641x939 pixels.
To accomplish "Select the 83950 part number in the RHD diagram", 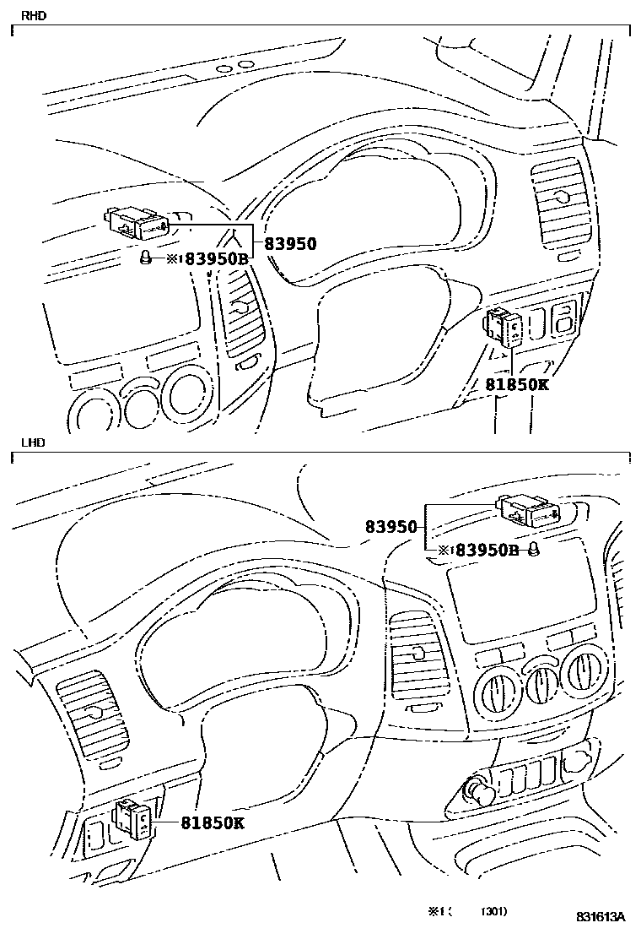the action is click(x=290, y=245).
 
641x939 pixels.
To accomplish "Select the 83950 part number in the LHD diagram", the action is click(x=391, y=527).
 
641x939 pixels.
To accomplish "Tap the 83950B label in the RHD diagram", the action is click(x=216, y=259).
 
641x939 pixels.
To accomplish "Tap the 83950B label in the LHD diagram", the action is click(x=487, y=551).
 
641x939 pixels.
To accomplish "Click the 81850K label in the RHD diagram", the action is click(x=517, y=384).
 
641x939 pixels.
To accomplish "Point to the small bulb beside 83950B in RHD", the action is click(x=145, y=258).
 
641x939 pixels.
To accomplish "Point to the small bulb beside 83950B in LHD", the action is click(x=534, y=551).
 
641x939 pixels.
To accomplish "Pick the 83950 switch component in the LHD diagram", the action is click(x=528, y=508).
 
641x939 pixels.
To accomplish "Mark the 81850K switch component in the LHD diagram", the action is click(x=133, y=817).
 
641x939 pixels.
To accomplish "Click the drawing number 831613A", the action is click(x=601, y=917).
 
